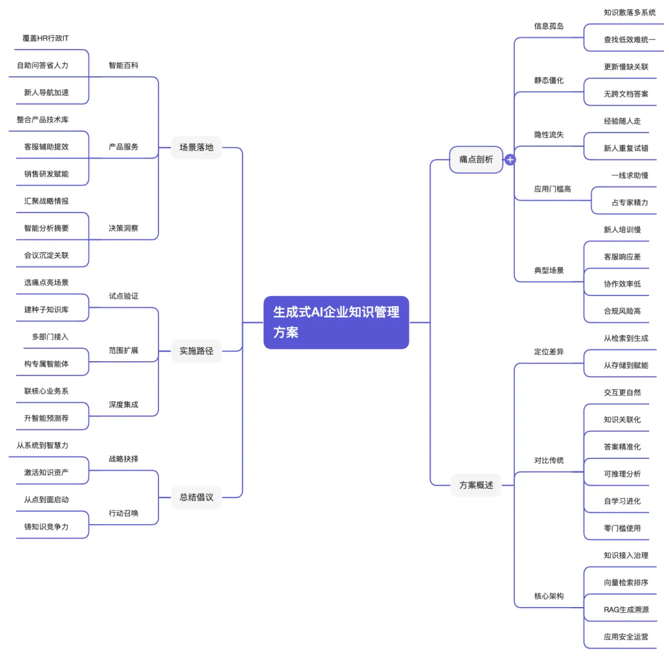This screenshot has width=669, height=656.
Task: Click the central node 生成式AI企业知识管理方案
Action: click(x=336, y=322)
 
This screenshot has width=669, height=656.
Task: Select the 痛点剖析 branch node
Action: click(x=476, y=159)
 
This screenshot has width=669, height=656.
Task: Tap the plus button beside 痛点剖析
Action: click(x=510, y=160)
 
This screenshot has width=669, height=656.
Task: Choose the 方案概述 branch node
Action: click(x=476, y=485)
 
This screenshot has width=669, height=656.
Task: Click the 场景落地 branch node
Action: click(x=196, y=147)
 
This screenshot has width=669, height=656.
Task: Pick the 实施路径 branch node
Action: click(x=196, y=351)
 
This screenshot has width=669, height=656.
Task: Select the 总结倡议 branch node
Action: click(x=196, y=497)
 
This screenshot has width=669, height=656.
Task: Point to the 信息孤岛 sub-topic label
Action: click(x=549, y=26)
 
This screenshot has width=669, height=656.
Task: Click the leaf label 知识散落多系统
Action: click(x=629, y=12)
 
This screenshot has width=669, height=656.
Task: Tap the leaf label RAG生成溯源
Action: click(x=626, y=610)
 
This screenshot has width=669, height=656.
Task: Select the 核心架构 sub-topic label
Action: click(x=549, y=596)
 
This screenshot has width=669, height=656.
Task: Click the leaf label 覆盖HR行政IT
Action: click(x=46, y=38)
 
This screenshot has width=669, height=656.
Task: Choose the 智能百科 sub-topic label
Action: click(x=124, y=65)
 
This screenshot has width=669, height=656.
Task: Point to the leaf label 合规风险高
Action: click(x=622, y=311)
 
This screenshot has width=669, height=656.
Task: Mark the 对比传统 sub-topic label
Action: click(x=549, y=460)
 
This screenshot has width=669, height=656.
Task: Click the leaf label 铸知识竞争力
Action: click(x=46, y=527)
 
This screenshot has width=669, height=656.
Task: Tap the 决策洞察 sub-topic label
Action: click(x=124, y=228)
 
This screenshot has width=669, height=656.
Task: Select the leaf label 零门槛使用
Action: click(x=622, y=528)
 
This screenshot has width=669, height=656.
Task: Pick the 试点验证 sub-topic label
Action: click(x=124, y=296)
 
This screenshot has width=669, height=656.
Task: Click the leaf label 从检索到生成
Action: click(x=626, y=338)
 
